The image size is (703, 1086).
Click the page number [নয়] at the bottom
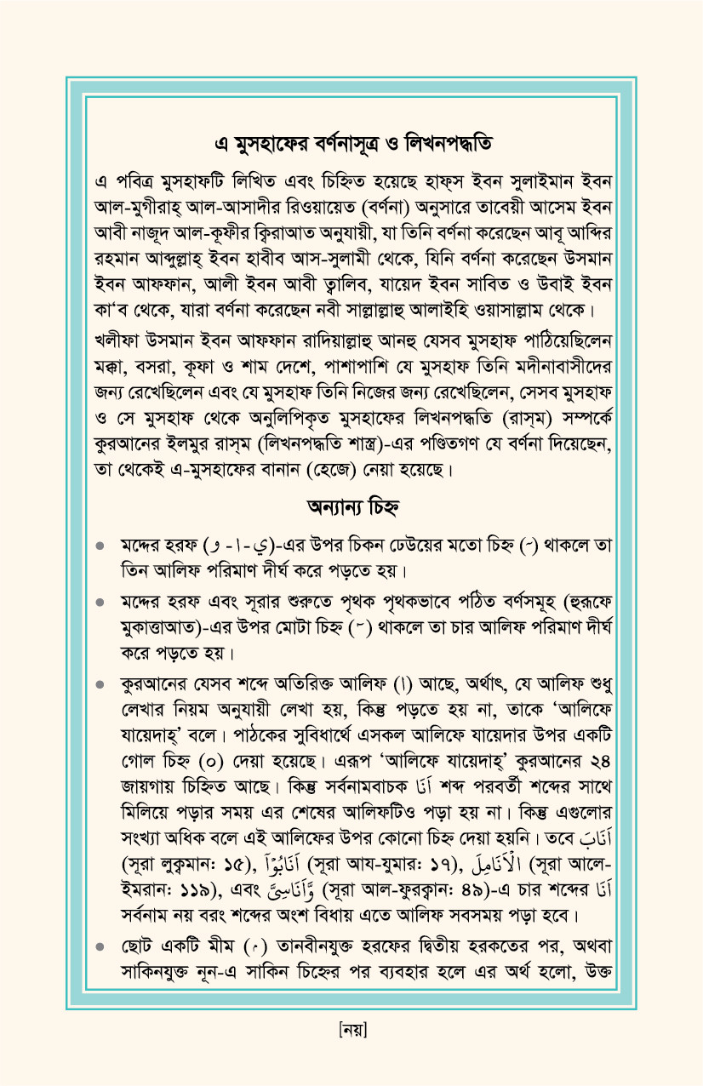[351, 1029]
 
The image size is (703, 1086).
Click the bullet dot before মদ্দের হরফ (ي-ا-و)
[100, 545]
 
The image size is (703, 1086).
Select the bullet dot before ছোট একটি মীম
[100, 946]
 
